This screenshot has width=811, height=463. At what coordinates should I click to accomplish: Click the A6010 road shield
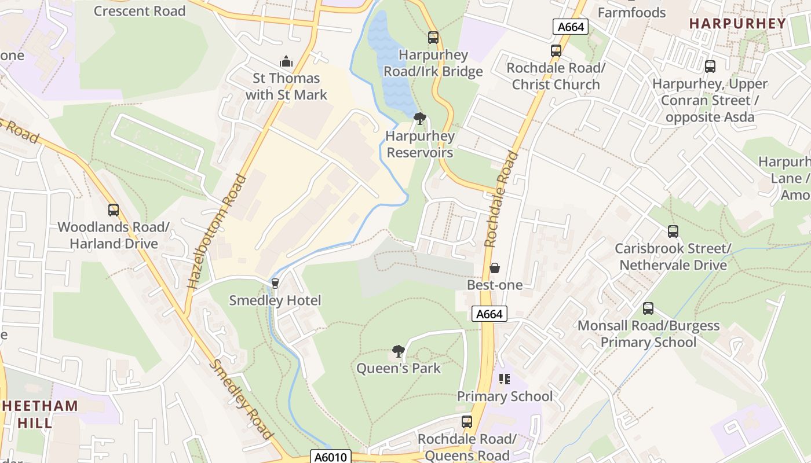coord(331,457)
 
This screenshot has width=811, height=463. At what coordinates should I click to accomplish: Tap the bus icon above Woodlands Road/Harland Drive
coord(114,210)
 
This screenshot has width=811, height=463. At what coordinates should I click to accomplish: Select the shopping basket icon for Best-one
coord(495,268)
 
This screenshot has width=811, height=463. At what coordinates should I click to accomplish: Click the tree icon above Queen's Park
coord(398,351)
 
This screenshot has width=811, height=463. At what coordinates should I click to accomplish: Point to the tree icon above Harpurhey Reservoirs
coord(419,119)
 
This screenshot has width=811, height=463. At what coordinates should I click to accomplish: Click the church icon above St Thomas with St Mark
coord(286,61)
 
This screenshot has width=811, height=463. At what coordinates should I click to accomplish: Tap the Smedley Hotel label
coord(275,300)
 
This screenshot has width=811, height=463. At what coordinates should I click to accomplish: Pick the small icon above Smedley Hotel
coord(275,284)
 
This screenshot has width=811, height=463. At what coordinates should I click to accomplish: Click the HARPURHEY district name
coord(737,24)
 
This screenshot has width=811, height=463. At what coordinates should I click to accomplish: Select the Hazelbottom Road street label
coord(216,231)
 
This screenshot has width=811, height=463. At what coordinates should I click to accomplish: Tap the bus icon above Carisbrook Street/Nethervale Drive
coord(673,231)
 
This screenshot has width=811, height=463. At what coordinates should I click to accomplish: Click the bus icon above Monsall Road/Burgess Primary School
coord(648,308)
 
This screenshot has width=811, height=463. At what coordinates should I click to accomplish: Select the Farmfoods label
coord(631,12)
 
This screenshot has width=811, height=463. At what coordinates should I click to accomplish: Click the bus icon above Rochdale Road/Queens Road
coord(466,422)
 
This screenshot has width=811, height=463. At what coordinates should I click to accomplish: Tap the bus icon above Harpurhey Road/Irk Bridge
coord(433,38)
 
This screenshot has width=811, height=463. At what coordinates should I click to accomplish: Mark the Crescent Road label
coord(140,10)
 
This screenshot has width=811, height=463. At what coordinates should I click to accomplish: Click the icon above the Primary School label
coord(504,379)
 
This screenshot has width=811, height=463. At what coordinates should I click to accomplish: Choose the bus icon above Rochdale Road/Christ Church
coord(556,51)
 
